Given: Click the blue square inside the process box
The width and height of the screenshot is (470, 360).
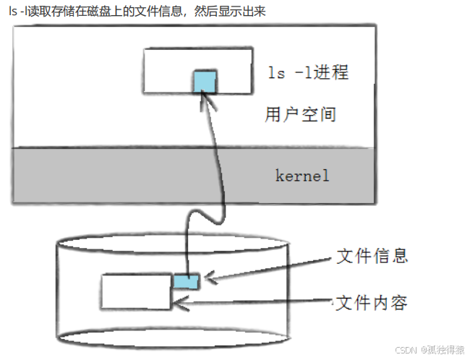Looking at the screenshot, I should click(205, 82).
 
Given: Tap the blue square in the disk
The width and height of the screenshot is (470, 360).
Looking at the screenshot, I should click(186, 281).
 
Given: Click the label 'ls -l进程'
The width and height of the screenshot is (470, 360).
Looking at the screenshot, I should click(308, 73).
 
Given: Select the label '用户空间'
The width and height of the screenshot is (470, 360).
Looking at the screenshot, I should click(300, 114).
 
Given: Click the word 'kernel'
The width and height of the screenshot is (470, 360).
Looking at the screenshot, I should click(302, 175).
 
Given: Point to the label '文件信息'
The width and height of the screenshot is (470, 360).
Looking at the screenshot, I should click(372, 256).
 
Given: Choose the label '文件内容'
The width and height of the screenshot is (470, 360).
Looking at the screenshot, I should click(372, 301).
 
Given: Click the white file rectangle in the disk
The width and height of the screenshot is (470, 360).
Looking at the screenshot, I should click(136, 291).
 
